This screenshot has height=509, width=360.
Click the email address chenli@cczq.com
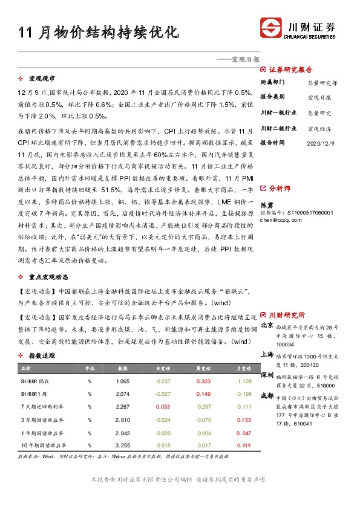coord(281,221)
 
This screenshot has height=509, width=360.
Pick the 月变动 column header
coord(243,368)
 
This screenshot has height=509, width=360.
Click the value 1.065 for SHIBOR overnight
coord(122,381)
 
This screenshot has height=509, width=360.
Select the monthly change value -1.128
coord(243,381)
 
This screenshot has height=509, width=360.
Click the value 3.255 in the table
coord(122,446)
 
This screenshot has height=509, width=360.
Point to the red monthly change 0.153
coord(243,420)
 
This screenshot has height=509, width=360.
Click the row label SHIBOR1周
coord(33,394)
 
